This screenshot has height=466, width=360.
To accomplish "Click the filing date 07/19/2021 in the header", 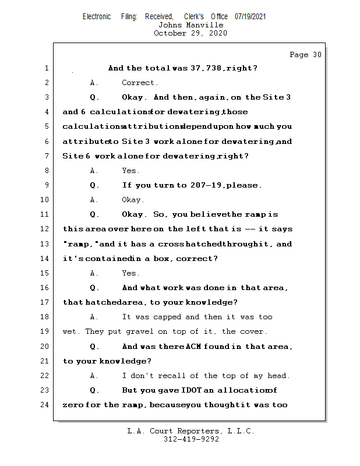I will pyautogui.click(x=250, y=16).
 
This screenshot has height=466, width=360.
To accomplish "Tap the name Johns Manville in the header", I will pyautogui.click(x=190, y=25).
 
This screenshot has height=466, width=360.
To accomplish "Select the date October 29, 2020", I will pyautogui.click(x=190, y=33).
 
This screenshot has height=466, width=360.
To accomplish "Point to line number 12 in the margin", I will pyautogui.click(x=45, y=229).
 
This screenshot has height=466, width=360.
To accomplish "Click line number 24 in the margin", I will pyautogui.click(x=45, y=404).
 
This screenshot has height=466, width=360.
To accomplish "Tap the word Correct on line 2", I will pyautogui.click(x=139, y=83).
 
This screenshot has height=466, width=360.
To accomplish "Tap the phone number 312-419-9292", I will pyautogui.click(x=191, y=439).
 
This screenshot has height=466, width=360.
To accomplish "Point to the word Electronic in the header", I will pyautogui.click(x=97, y=16).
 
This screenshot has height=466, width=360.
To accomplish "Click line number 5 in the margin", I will pyautogui.click(x=47, y=126).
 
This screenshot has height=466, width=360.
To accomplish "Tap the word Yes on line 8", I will pyautogui.click(x=130, y=171).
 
